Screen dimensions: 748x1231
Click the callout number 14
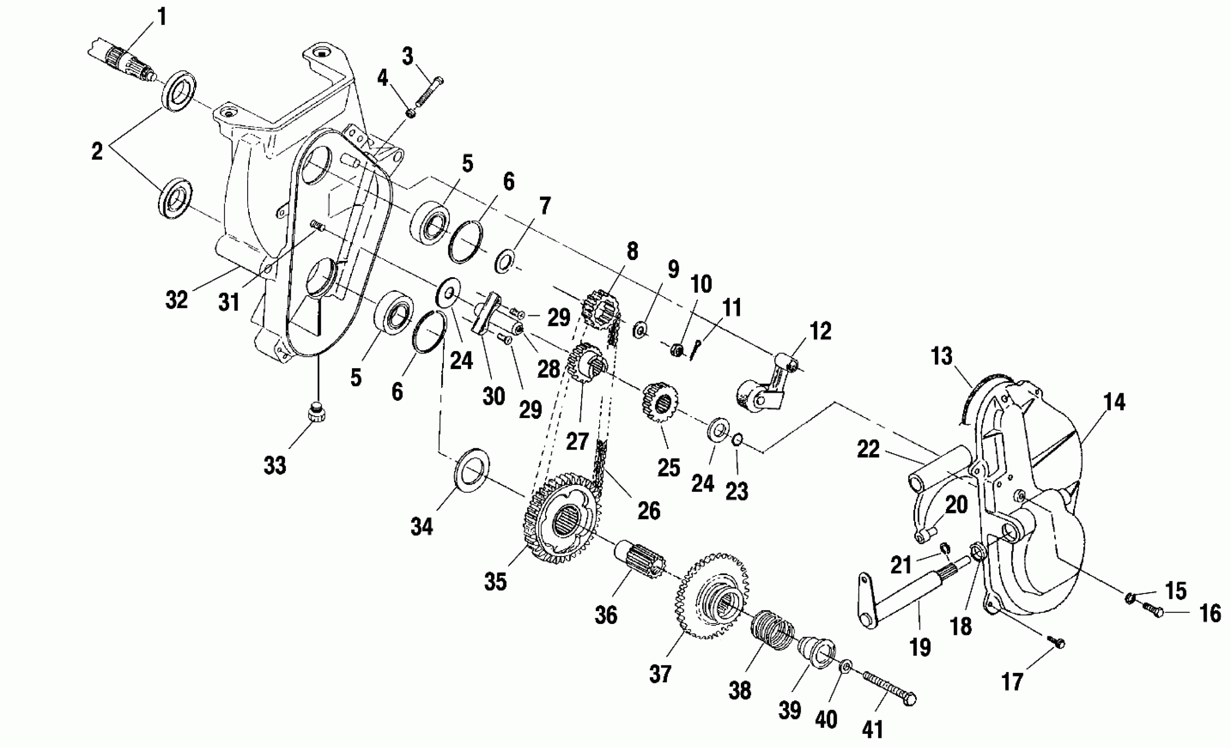tap(1114, 402)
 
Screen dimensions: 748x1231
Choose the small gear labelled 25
tap(659, 402)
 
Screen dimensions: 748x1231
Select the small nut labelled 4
tap(410, 114)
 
